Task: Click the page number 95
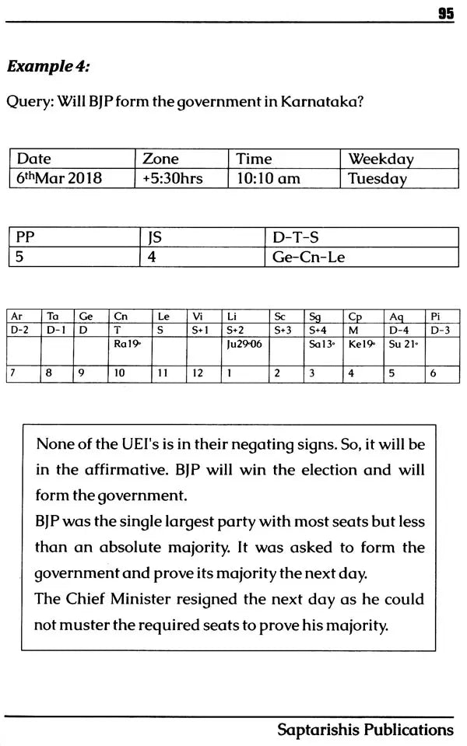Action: tap(445, 13)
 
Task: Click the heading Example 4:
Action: tap(47, 66)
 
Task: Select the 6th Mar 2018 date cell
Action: tap(59, 178)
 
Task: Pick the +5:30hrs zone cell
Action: tap(173, 178)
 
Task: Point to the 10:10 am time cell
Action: tap(269, 178)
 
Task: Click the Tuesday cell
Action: tap(377, 178)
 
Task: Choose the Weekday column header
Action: tap(381, 159)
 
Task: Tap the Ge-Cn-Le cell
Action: tap(309, 257)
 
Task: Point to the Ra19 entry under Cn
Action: tap(126, 343)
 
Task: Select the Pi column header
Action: tap(436, 317)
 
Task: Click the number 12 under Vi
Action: tap(198, 373)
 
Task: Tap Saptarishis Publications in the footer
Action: tap(365, 730)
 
